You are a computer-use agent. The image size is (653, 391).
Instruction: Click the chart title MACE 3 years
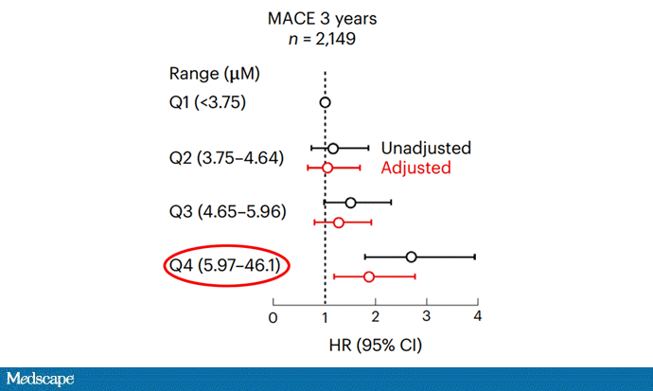pos(325,17)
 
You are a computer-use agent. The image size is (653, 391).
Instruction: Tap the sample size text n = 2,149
pos(325,40)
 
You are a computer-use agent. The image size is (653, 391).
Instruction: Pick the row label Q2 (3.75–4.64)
pos(226,158)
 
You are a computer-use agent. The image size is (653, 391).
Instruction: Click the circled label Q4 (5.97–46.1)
pos(225,265)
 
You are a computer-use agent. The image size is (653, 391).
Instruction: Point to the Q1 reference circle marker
pos(326,102)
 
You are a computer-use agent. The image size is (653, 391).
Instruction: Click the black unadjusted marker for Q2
pos(333,149)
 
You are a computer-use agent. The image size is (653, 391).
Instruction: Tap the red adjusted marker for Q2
pos(327,168)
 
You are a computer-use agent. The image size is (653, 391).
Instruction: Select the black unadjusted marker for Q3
pos(351,203)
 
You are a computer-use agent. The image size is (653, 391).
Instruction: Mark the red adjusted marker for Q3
pos(339,222)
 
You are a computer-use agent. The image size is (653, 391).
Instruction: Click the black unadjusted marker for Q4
pos(411,257)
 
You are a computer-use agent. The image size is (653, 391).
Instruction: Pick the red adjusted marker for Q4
pos(369,276)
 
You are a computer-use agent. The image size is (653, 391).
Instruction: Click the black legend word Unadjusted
pos(426,149)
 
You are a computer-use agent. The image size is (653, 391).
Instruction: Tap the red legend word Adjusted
pos(415,168)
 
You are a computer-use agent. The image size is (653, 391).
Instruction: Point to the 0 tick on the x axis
pos(274,316)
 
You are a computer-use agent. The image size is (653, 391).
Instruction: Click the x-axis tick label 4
pos(478,316)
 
